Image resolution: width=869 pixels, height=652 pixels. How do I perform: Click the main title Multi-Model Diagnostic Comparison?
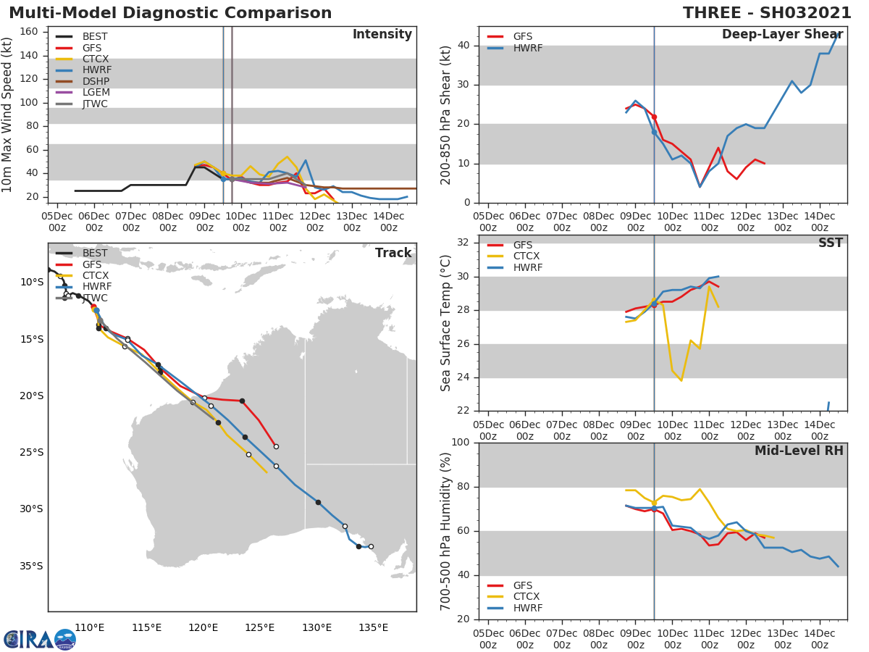(170, 13)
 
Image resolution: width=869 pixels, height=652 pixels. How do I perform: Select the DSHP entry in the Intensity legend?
(96, 81)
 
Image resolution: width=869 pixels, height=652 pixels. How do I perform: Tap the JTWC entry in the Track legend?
(95, 298)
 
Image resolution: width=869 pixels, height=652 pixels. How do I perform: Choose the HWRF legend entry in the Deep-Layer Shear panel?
(527, 48)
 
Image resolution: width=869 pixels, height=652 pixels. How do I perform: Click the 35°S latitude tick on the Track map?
(31, 566)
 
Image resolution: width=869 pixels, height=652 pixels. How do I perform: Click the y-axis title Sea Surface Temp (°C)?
(447, 323)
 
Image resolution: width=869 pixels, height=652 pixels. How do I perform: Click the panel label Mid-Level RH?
(799, 451)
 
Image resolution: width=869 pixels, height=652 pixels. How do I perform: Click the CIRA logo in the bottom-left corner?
(40, 639)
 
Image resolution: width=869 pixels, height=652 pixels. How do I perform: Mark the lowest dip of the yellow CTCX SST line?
(681, 380)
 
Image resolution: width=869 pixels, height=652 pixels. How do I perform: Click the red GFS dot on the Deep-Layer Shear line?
(654, 117)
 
